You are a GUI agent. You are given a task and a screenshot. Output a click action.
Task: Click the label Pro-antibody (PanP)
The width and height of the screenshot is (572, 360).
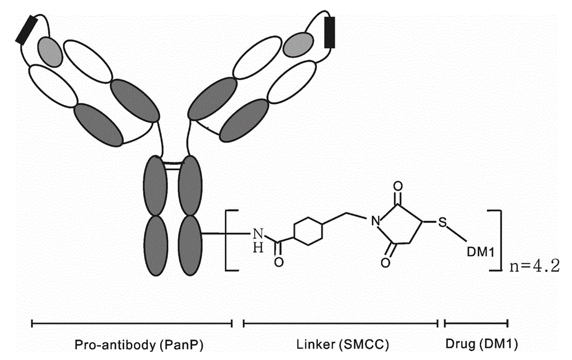point(132,345)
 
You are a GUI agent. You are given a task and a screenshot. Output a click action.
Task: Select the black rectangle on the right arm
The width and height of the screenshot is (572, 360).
point(329,32)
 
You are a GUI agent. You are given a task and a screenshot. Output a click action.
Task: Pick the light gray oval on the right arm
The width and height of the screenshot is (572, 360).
point(297,41)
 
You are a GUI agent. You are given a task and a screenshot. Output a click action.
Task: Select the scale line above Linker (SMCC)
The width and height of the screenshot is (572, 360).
point(340,324)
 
